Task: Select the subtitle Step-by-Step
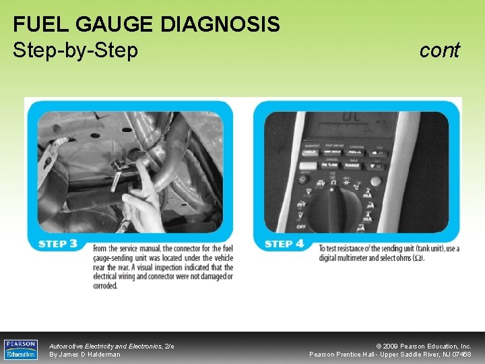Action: click(x=75, y=50)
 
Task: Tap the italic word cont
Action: click(x=439, y=50)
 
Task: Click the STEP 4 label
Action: click(x=284, y=243)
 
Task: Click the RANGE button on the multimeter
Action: click(x=351, y=164)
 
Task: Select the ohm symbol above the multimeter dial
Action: click(x=330, y=181)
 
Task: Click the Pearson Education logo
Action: click(x=20, y=349)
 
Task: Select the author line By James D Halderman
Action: click(x=85, y=355)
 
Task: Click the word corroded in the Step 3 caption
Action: click(x=105, y=286)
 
